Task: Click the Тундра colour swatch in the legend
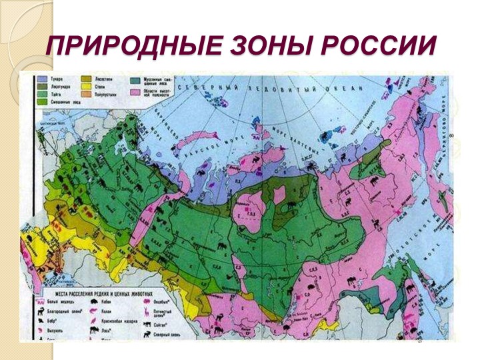[x=43, y=79]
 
